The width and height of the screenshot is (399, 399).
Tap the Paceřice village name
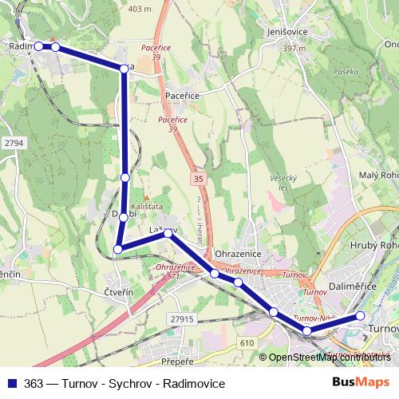(182, 94)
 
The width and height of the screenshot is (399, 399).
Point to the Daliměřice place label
(352, 285)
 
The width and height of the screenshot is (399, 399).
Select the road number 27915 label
(182, 318)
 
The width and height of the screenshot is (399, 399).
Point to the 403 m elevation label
(139, 9)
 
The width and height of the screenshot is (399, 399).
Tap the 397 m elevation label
(294, 49)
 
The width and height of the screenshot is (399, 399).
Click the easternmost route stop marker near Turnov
(360, 316)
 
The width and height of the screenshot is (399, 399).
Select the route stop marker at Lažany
(168, 233)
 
